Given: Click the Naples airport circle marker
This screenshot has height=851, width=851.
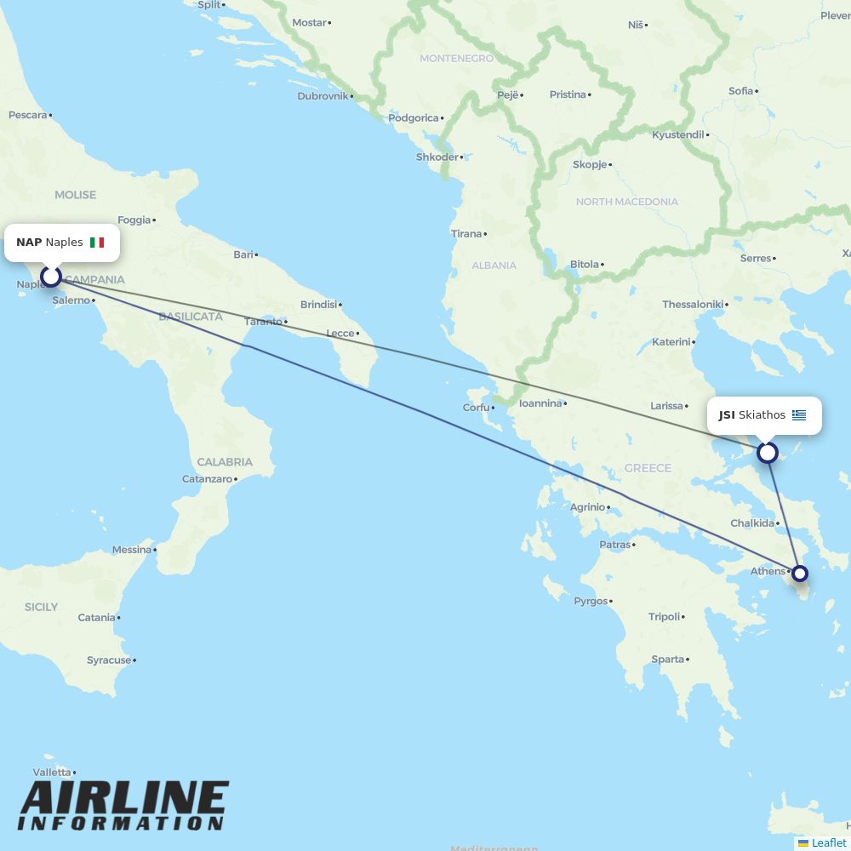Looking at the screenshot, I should click(x=51, y=277).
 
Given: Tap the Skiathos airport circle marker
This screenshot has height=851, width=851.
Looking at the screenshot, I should click(x=768, y=453).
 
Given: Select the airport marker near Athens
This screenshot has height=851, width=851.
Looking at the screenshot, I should click(x=800, y=574).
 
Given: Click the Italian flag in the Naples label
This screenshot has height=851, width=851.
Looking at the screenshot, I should click(x=97, y=243).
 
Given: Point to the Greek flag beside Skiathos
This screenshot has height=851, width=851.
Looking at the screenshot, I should click(x=799, y=415).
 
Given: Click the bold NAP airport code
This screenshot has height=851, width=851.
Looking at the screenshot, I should click(x=29, y=243).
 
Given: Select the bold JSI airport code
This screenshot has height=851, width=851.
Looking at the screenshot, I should click(x=727, y=415).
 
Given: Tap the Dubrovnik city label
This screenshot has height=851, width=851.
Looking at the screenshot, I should click(x=323, y=96).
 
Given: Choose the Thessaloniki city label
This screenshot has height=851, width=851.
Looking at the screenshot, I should click(x=693, y=305).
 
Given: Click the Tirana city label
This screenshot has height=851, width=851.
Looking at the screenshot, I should click(x=466, y=234).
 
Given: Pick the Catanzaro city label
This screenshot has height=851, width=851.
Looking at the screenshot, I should click(x=207, y=479).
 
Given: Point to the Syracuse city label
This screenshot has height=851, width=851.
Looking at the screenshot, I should click(x=109, y=660).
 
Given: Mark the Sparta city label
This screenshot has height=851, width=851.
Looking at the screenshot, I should click(x=668, y=660).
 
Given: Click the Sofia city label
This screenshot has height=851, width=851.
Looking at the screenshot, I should click(x=740, y=91).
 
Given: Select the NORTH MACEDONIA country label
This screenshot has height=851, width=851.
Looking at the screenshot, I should click(x=627, y=202).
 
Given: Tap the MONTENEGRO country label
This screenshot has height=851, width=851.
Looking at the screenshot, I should click(x=456, y=59).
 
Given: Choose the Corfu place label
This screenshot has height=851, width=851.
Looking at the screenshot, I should click(x=476, y=408).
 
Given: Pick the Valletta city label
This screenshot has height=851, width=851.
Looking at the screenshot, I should click(x=52, y=773).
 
